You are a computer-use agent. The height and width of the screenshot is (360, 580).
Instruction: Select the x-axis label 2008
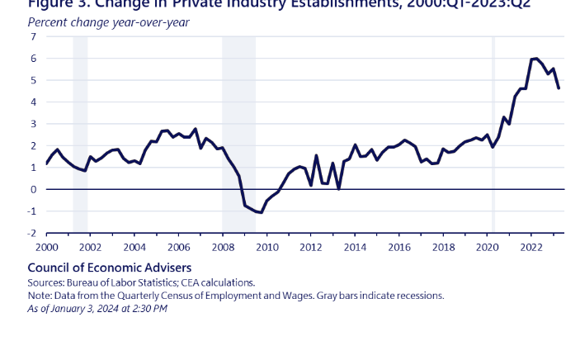click(222, 247)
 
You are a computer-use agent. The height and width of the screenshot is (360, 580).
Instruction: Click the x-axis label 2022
click(530, 247)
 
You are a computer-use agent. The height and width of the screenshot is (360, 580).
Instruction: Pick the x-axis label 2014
click(355, 247)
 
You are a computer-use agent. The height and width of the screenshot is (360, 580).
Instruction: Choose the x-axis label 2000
click(46, 247)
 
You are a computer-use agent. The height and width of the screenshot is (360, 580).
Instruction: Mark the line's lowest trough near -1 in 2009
click(262, 213)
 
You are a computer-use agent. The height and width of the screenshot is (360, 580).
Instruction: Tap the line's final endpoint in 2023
click(559, 88)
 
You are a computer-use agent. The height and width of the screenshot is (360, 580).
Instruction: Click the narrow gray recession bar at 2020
click(493, 132)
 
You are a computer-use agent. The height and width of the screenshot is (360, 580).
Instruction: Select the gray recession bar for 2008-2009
click(238, 132)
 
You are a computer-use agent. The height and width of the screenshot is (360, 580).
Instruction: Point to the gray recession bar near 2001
click(80, 132)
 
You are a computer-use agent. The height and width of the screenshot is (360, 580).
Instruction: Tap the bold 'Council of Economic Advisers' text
click(110, 268)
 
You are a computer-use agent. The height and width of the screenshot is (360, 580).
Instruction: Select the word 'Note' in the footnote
click(39, 296)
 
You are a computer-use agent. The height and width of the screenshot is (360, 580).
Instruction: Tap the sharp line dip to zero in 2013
click(339, 188)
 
